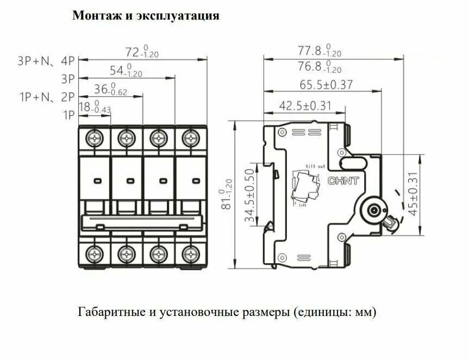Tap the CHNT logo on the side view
pyautogui.click(x=343, y=181)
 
